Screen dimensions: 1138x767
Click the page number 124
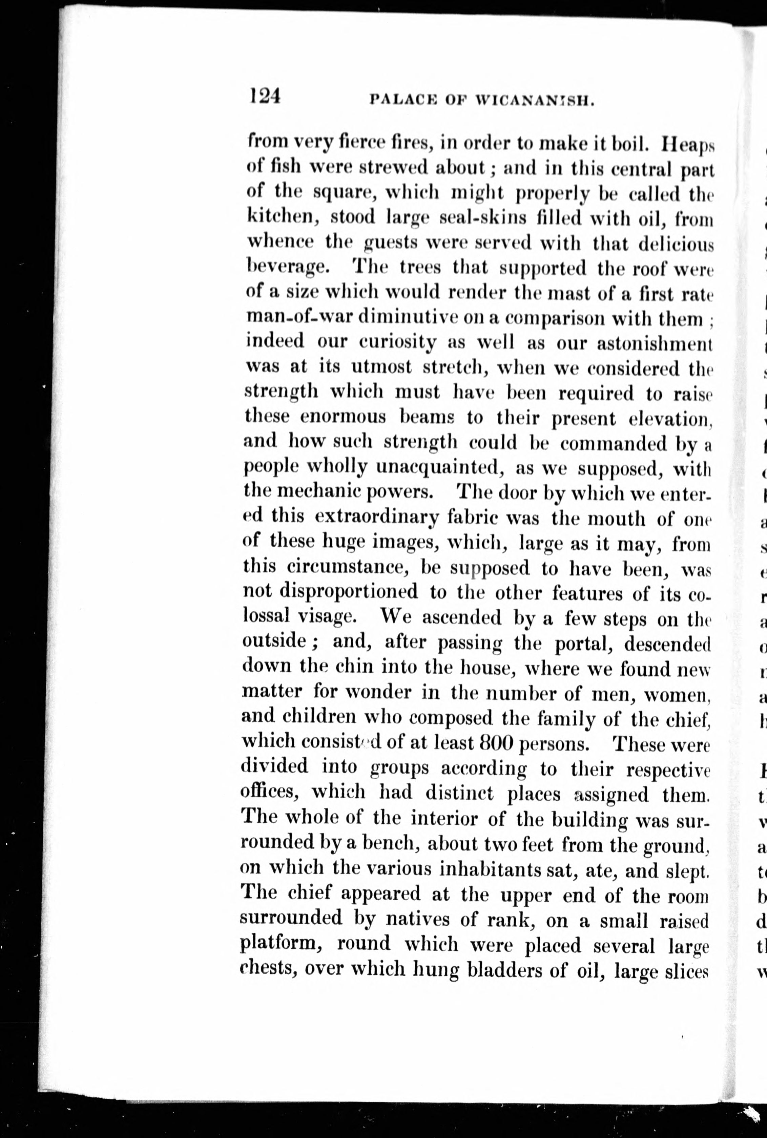(265, 96)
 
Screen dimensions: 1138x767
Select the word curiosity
(397, 342)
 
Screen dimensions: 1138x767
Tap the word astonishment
(654, 342)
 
